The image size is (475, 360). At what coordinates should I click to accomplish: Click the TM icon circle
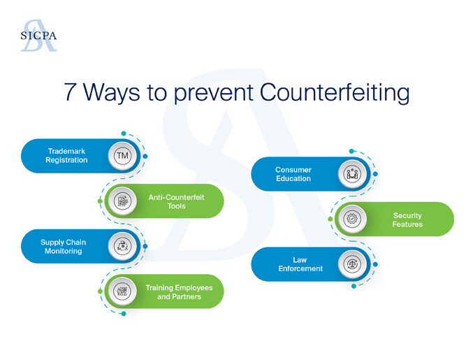click(x=122, y=156)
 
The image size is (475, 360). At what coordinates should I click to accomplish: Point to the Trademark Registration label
click(x=66, y=156)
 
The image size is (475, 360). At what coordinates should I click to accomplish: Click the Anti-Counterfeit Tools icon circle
click(x=122, y=201)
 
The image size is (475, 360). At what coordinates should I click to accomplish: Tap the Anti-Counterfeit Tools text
click(x=176, y=201)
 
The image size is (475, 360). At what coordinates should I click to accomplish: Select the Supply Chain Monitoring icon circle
click(x=122, y=246)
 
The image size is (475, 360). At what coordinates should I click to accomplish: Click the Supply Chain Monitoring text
click(x=63, y=247)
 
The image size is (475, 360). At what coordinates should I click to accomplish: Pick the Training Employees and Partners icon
click(x=122, y=291)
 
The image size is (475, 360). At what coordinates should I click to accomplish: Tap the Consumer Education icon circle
click(x=352, y=174)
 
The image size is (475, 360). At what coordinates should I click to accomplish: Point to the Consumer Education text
click(x=293, y=174)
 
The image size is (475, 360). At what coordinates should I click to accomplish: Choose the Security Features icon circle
click(x=352, y=219)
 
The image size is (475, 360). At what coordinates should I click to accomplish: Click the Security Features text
click(x=407, y=219)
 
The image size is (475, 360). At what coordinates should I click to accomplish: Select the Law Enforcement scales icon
click(x=352, y=264)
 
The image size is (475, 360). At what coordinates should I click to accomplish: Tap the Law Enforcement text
click(x=300, y=264)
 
